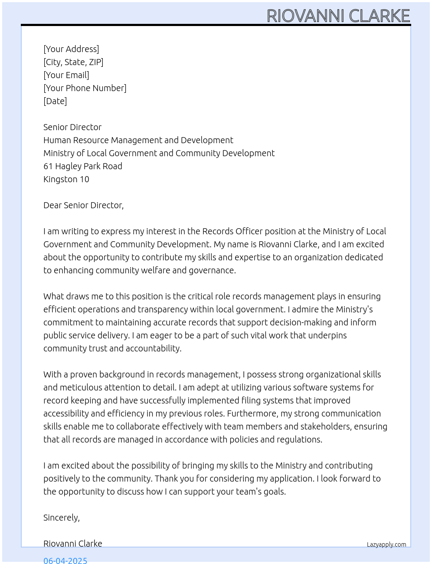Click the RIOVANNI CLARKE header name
[x=338, y=16]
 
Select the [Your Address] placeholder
[x=71, y=49]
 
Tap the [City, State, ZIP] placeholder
[x=73, y=62]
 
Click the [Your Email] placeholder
[x=66, y=75]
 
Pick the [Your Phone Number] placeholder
[x=85, y=88]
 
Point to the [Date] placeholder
[x=55, y=101]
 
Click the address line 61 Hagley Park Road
[x=83, y=166]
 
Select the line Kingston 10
[x=66, y=179]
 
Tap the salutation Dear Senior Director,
[x=83, y=205]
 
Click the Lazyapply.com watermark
[x=386, y=544]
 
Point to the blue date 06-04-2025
[x=65, y=560]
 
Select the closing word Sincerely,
[x=62, y=518]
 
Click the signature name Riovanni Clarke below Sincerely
[x=73, y=544]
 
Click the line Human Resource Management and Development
[x=138, y=140]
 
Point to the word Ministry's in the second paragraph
[x=354, y=309]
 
